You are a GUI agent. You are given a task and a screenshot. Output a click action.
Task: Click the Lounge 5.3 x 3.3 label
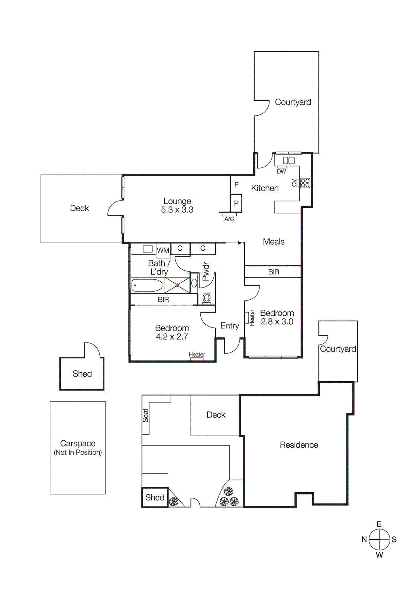click(177, 206)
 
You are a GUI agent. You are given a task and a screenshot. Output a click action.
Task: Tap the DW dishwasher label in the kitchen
click(281, 171)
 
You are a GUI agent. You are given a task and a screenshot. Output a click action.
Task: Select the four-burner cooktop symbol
click(305, 183)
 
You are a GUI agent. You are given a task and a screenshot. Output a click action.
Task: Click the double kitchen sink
click(289, 160)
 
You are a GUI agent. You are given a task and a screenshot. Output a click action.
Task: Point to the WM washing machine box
click(163, 250)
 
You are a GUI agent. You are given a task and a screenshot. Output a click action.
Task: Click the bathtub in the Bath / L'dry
click(147, 286)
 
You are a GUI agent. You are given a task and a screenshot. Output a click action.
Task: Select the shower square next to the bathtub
click(177, 285)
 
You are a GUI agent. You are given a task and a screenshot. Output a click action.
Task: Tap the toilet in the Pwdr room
click(207, 298)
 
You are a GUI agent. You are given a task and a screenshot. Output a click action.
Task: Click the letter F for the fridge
click(236, 185)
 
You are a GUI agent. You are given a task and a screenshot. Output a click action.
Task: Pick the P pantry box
click(236, 203)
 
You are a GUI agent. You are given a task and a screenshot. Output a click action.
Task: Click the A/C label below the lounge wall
click(229, 219)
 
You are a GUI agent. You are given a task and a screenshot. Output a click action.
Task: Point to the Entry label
click(230, 326)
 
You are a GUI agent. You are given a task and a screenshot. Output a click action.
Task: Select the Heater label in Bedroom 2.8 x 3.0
click(252, 318)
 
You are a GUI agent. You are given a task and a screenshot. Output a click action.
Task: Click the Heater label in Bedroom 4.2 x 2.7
click(197, 354)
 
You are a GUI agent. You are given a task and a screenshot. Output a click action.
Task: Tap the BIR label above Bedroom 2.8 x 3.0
click(274, 272)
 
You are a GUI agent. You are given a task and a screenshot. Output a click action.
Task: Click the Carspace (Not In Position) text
click(78, 447)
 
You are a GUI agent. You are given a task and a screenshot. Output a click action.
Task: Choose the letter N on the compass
click(364, 539)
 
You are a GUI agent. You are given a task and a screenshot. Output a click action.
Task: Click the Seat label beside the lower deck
click(146, 415)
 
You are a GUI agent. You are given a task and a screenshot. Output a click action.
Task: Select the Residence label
click(299, 445)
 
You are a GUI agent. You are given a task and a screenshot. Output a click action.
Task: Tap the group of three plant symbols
click(228, 498)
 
